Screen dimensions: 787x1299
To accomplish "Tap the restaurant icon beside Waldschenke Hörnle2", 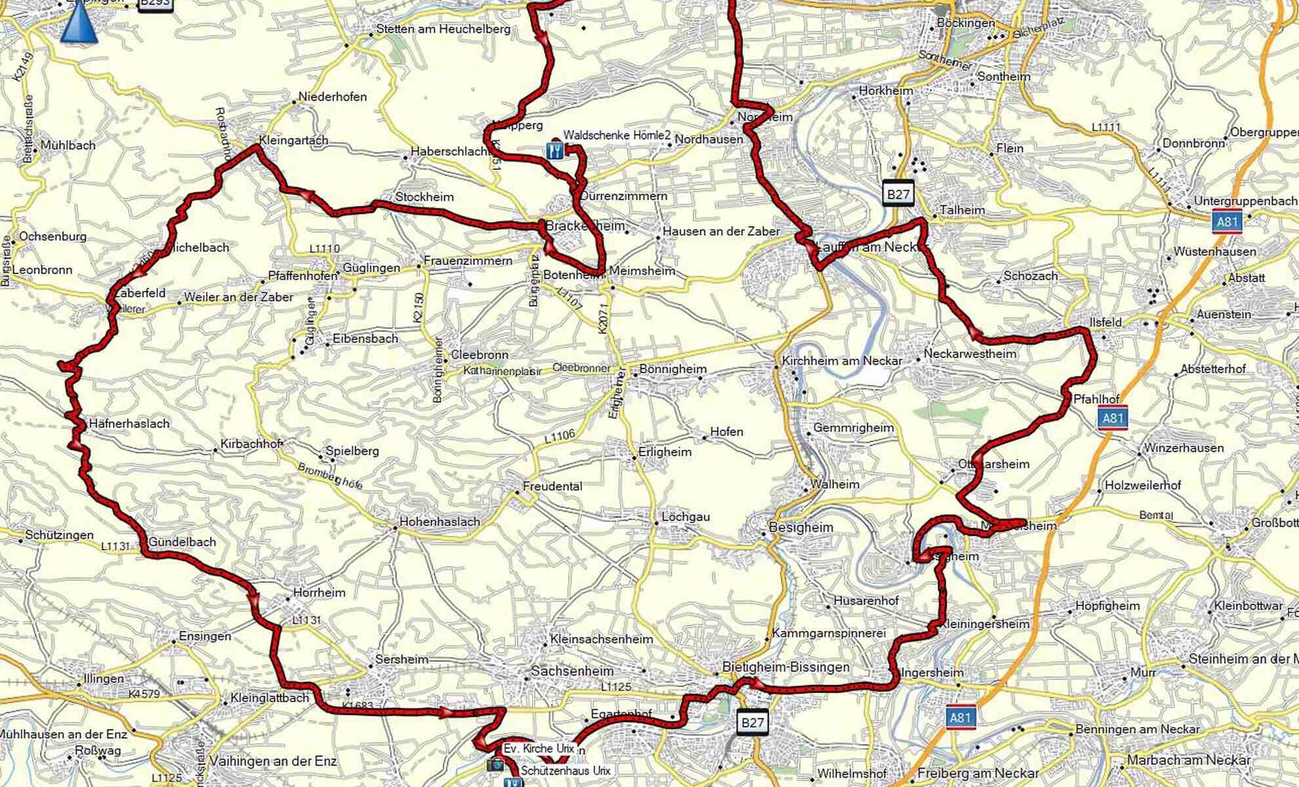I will point(554,150).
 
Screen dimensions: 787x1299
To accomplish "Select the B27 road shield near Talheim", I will point(898,194).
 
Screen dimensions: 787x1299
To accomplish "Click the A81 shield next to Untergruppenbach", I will point(1227,222).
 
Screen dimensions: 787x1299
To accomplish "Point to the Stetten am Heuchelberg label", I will point(443,29).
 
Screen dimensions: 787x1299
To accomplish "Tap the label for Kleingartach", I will point(293,140).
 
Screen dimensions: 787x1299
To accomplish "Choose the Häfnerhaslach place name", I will point(128,424).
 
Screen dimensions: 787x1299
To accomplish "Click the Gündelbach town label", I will point(182,542).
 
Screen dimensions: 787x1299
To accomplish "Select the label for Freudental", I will point(552,487).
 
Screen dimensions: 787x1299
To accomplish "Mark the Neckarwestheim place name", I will point(970,354).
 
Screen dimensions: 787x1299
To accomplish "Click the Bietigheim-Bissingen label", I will point(785,667).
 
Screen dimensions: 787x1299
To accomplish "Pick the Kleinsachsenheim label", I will point(602,639).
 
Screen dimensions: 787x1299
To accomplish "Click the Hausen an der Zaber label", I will point(721,231).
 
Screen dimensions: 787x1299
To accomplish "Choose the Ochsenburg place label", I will point(53,236).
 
